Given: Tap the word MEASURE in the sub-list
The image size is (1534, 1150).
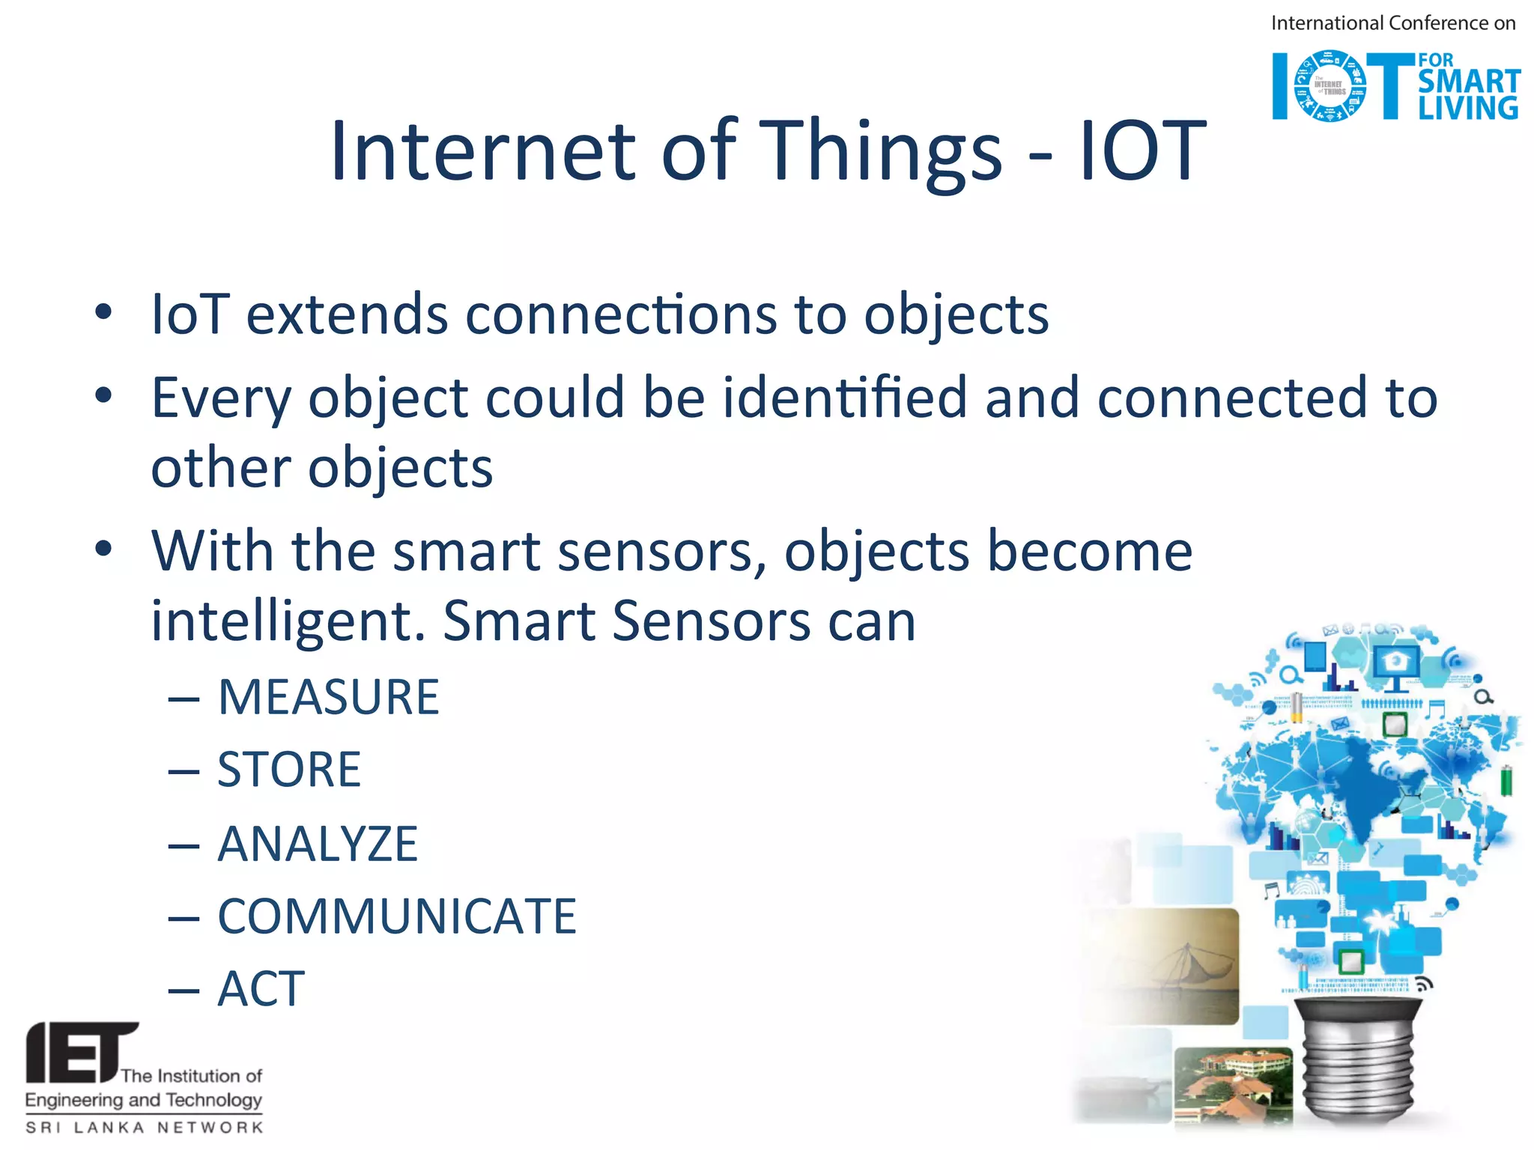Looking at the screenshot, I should coord(328,697).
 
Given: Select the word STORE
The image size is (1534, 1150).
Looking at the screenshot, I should coord(288,770).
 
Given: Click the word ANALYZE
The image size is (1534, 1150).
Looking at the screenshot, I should coord(318,844).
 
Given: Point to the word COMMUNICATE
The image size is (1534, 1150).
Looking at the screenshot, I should coord(397,916).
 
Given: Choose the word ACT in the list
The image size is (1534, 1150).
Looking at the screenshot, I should coord(261,989).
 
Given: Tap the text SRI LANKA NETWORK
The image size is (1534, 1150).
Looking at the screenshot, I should coord(144,1128).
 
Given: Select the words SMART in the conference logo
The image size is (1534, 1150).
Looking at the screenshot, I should coord(1468,81).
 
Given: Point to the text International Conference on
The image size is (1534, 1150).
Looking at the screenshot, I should coord(1392,23).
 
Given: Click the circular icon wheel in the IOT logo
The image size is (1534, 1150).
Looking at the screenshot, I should coord(1330,86).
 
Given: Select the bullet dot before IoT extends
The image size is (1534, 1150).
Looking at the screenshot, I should coord(103,312).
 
